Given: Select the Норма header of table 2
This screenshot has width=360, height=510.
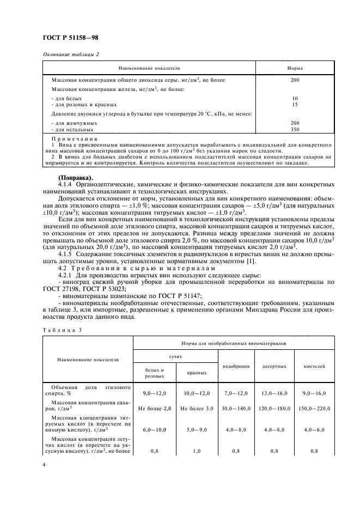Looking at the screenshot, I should (x=295, y=69).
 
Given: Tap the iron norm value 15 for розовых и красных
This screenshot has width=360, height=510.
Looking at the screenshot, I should (x=295, y=104).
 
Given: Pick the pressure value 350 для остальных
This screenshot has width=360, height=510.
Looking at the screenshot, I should (x=295, y=130).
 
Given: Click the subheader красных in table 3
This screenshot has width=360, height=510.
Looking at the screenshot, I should (x=196, y=373).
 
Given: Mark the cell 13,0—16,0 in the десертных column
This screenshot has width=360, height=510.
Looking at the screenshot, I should (x=275, y=393).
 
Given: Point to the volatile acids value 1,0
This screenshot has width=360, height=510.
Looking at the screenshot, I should (x=196, y=452).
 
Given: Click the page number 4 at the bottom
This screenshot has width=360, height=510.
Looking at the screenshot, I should (x=44, y=466).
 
